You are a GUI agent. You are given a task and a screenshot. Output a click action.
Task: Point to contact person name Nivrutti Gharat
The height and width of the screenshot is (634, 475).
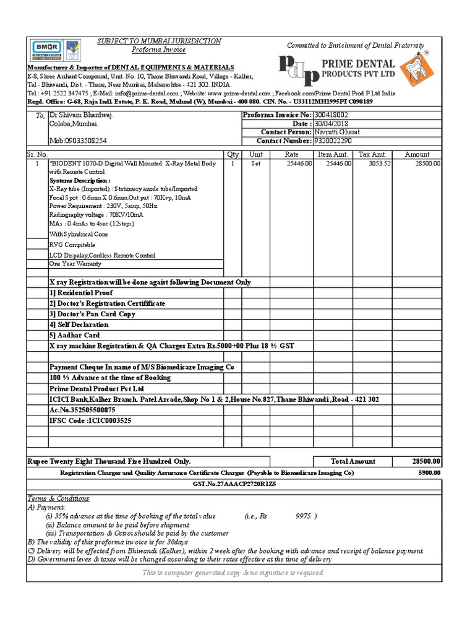[338, 132]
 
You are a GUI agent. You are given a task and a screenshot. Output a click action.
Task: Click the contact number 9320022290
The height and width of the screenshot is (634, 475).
[333, 141]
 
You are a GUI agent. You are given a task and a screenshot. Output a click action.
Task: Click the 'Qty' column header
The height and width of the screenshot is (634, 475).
[233, 154]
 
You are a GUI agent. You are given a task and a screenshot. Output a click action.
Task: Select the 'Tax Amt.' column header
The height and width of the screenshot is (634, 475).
[372, 154]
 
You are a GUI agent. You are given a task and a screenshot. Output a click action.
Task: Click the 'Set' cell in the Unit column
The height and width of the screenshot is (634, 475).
[255, 163]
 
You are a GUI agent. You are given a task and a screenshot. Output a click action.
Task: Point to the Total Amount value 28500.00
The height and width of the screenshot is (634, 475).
[426, 461]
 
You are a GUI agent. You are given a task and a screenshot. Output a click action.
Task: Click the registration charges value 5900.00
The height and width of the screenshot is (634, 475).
[429, 472]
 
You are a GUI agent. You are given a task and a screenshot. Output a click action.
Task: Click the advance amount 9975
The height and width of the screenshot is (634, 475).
[303, 515]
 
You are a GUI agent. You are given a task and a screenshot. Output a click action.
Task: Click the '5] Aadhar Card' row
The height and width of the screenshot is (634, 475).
[74, 335]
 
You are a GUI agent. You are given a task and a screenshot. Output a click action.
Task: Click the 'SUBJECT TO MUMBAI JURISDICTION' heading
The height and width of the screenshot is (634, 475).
[158, 41]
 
